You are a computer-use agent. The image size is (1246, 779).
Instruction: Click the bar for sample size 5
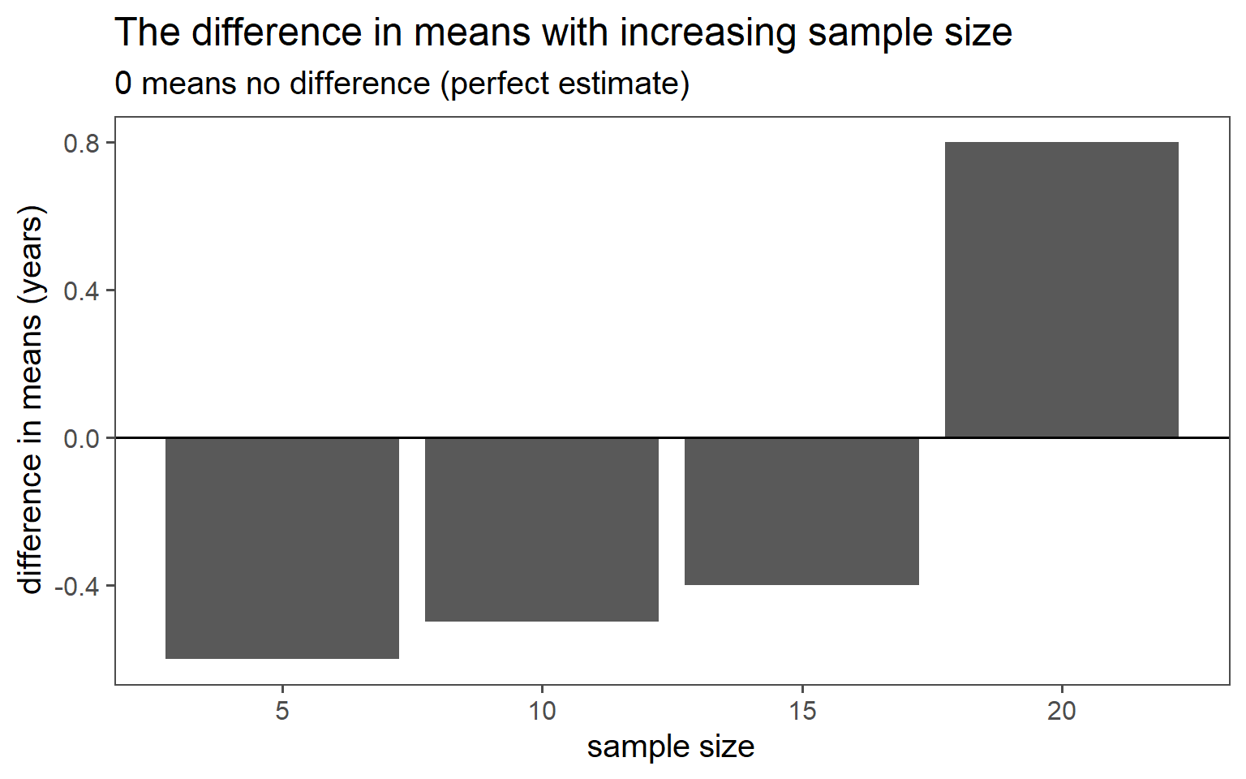282,548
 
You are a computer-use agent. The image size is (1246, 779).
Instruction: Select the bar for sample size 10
542,529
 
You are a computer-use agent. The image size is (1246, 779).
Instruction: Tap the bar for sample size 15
801,511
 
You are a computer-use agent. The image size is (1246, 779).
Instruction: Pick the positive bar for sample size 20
1061,290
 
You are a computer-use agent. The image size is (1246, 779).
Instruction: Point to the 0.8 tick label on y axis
81,144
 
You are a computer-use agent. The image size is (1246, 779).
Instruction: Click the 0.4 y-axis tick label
81,291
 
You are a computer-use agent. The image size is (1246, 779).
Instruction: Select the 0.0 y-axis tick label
81,438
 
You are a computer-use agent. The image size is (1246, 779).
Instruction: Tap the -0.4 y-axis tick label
77,586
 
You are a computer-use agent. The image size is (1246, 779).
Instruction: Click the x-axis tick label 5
282,712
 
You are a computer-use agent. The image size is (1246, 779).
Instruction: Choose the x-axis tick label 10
542,712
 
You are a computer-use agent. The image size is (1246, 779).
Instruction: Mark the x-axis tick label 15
801,712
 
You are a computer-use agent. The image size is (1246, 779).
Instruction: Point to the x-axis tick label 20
1061,712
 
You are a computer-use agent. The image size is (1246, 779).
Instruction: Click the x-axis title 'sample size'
671,747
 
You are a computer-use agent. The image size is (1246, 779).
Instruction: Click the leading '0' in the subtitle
123,84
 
